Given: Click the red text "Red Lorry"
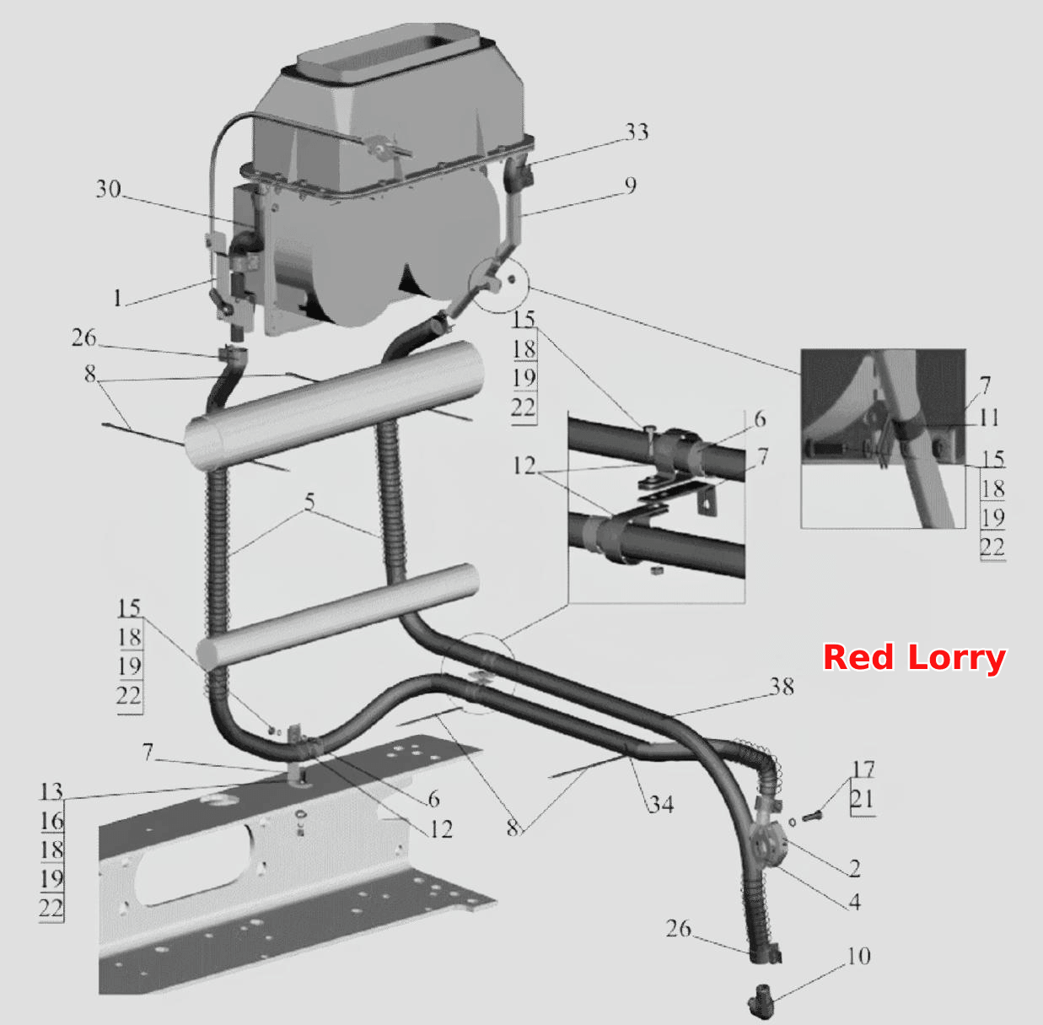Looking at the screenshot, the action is (x=914, y=658).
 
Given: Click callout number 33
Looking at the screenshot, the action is (x=637, y=132).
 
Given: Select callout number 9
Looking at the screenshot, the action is (x=631, y=186).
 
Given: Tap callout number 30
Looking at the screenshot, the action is (x=108, y=189).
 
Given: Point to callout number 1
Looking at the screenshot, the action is (x=117, y=298).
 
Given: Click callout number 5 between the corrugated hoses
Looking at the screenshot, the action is (x=309, y=502).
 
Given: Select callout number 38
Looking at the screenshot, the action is (x=782, y=687).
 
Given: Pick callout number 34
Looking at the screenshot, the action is (x=661, y=805).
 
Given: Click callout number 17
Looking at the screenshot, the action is (x=863, y=769).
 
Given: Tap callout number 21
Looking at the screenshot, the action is (x=863, y=799).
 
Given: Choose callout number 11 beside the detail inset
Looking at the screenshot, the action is (x=989, y=418).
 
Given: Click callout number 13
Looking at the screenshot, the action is (x=51, y=792).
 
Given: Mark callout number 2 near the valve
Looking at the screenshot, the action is (x=855, y=868).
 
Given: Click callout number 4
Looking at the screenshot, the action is (x=855, y=902).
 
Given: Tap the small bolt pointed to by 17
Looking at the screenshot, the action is (x=811, y=815).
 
